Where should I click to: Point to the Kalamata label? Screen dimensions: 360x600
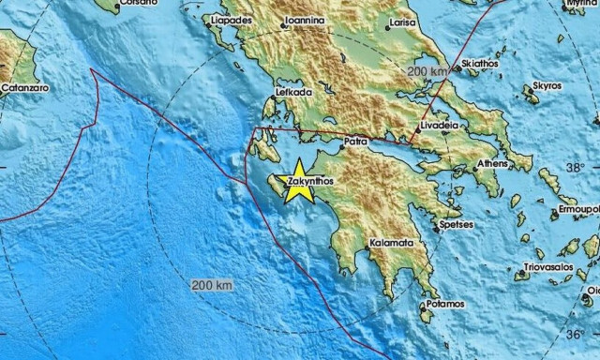[394, 243]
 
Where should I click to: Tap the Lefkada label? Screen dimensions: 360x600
[292, 94]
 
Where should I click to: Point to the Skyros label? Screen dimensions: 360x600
[547, 86]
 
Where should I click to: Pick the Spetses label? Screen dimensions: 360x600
[457, 225]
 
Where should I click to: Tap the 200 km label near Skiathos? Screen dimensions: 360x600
[429, 71]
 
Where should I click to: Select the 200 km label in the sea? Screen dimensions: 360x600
[211, 284]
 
